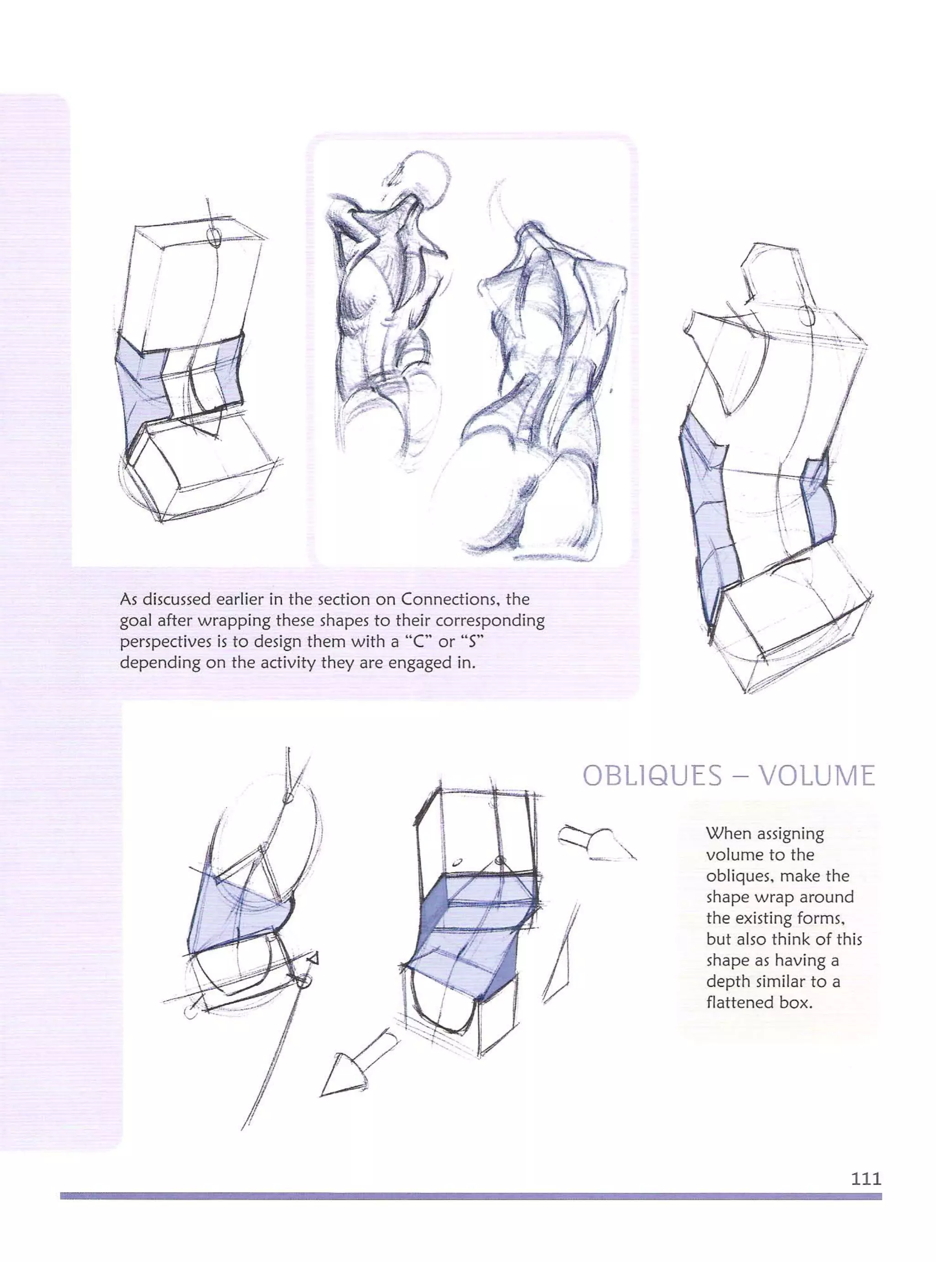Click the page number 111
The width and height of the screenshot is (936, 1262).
pos(866,1179)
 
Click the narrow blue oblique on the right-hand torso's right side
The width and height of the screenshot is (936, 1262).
pos(820,502)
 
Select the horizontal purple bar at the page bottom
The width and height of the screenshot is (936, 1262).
pos(470,1196)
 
